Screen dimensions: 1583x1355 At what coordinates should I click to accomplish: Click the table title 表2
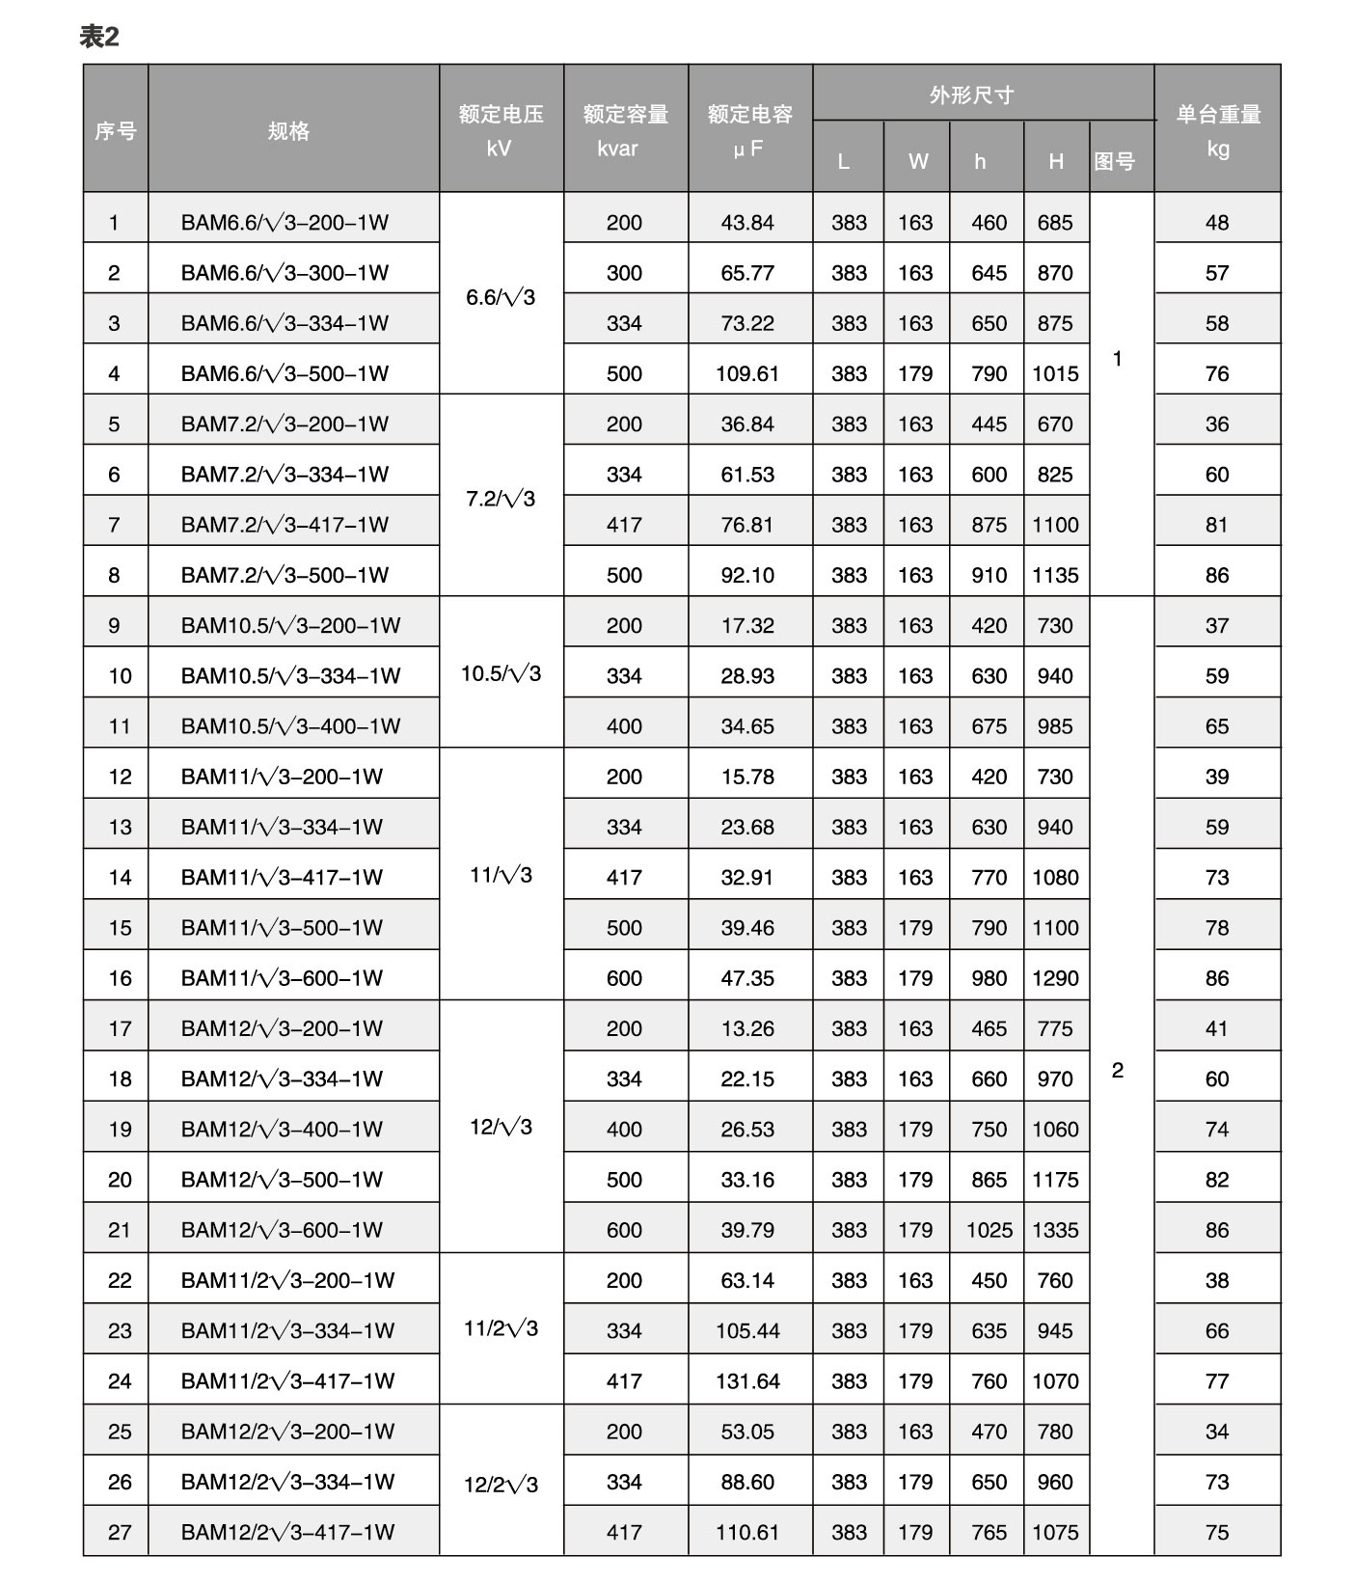[98, 37]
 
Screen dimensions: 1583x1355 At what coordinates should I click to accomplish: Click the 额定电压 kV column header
[501, 130]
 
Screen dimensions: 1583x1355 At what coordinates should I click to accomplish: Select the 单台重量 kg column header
[1217, 130]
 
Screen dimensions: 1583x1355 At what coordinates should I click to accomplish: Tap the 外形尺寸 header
[971, 95]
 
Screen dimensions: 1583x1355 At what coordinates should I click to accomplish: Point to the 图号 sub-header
[1115, 161]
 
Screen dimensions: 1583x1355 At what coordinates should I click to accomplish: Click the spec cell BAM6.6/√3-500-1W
[285, 373]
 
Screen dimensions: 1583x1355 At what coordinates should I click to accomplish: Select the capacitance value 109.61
[747, 373]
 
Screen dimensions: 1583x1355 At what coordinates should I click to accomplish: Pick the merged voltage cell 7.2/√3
[501, 499]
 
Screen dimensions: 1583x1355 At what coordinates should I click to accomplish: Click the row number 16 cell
[120, 978]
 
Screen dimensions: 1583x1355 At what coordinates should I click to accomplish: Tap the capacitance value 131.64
[747, 1381]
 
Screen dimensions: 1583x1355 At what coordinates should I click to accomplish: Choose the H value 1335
[1055, 1230]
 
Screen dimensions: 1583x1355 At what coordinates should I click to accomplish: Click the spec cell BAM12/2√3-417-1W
[287, 1532]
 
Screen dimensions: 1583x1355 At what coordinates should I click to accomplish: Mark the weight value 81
[1217, 525]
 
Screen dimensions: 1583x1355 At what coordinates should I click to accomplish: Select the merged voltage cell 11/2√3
[501, 1329]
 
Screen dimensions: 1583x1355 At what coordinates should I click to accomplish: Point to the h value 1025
[989, 1230]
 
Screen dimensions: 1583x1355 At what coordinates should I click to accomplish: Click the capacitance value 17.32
[747, 625]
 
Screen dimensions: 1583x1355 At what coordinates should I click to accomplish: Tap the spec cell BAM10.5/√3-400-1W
[290, 726]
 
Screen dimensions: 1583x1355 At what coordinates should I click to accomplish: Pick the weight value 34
[1217, 1432]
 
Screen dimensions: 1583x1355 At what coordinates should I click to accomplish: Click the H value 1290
[1055, 978]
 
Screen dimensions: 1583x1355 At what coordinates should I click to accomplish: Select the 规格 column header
[288, 130]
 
